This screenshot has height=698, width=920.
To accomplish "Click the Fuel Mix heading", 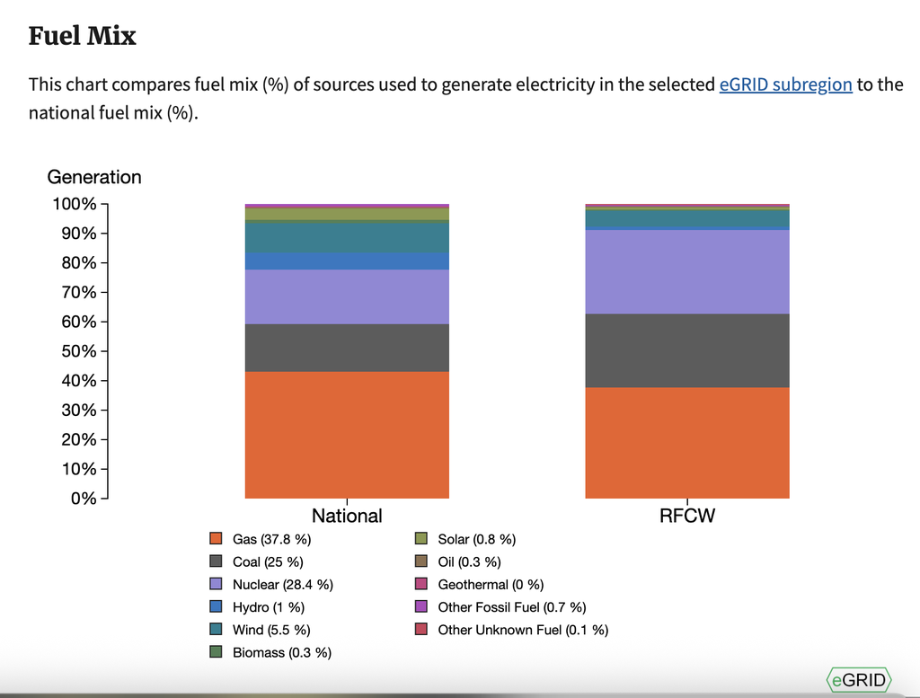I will coord(83,36).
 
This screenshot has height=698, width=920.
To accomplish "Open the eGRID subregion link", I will coord(785,84).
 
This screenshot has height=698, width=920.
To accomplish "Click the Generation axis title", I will coord(94,177).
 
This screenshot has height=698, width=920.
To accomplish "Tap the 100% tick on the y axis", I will coord(75,204).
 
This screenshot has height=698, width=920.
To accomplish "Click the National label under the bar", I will coord(347,516).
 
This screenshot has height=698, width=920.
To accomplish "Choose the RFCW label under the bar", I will coord(687,516).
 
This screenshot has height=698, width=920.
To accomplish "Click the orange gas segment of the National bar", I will coord(347,435).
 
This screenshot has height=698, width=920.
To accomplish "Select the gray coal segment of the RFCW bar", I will coord(687,350).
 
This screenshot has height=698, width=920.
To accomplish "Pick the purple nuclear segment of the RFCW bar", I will coord(687,271).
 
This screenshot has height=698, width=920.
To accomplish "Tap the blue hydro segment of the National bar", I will coord(347,261).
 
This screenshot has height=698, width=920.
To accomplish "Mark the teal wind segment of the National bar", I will coord(347,236).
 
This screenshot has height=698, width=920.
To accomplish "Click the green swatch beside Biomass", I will coord(216,652).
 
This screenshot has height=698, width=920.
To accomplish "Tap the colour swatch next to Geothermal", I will coord(420,585).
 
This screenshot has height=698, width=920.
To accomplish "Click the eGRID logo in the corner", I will coord(858,680).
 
